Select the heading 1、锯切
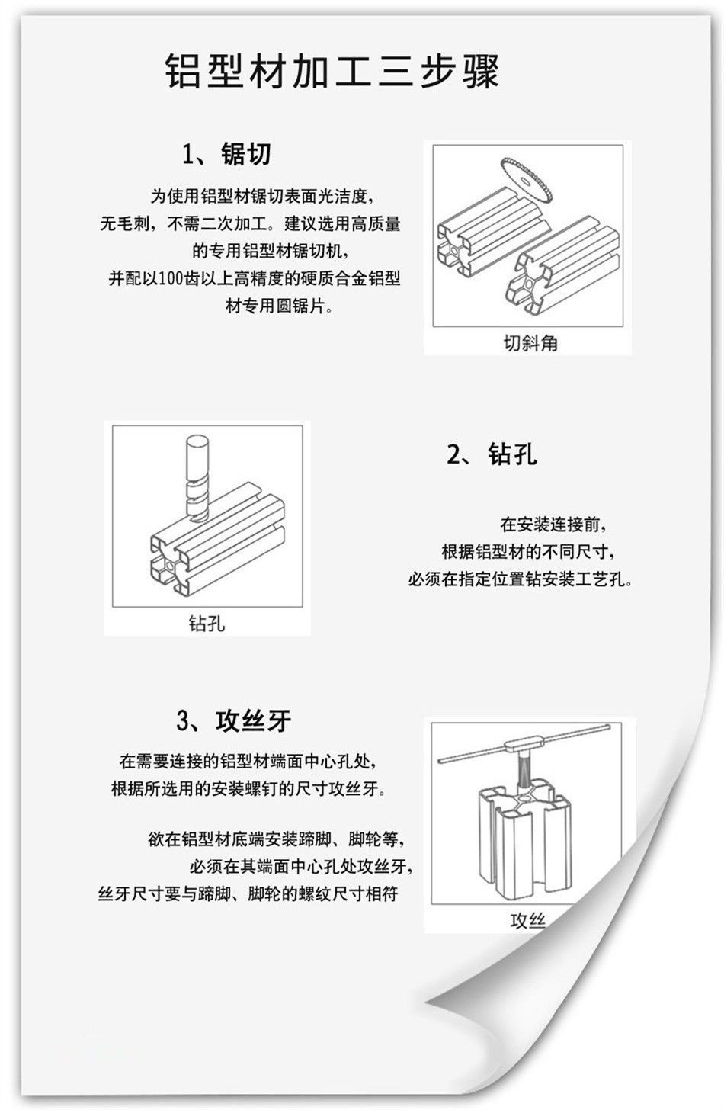(227, 154)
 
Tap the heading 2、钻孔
(492, 454)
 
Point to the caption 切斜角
(530, 342)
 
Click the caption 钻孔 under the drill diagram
(207, 623)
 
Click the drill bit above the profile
(197, 477)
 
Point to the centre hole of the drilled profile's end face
(170, 566)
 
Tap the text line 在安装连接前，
(553, 524)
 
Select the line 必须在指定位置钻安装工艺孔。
(521, 579)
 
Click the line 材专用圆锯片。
(279, 305)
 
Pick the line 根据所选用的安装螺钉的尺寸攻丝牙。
(248, 788)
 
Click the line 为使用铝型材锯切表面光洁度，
(262, 196)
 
